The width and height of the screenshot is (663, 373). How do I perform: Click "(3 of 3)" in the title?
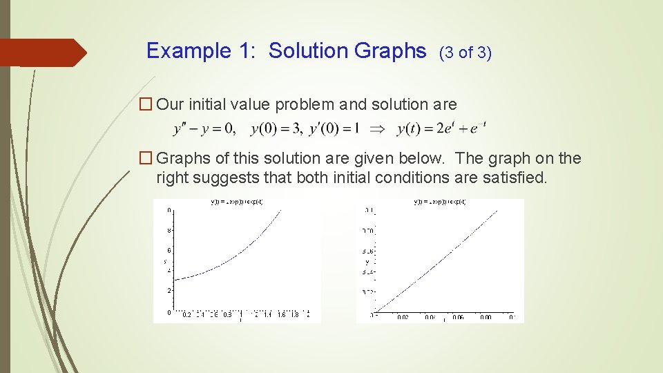465,52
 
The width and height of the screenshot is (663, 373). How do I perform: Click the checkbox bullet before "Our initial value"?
145,105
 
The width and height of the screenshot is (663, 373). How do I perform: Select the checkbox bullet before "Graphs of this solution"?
145,159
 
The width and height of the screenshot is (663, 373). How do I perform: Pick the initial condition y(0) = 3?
271,128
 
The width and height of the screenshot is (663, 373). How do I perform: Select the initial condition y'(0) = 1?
331,128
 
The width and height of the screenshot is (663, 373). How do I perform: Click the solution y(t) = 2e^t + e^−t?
442,128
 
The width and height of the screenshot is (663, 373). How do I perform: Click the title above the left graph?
237,202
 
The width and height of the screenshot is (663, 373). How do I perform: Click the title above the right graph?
440,202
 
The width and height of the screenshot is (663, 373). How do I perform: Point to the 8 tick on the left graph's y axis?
169,230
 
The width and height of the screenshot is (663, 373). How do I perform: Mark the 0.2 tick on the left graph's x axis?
186,315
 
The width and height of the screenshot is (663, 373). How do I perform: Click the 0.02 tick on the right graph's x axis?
403,317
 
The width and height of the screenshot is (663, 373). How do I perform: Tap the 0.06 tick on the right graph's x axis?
458,317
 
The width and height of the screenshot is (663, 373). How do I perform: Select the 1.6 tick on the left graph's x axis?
282,315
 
